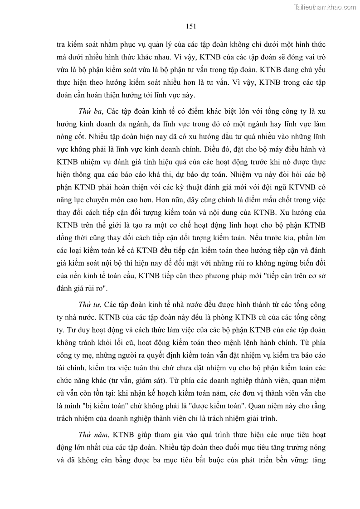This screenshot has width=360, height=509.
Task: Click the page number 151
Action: click(x=190, y=26)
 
